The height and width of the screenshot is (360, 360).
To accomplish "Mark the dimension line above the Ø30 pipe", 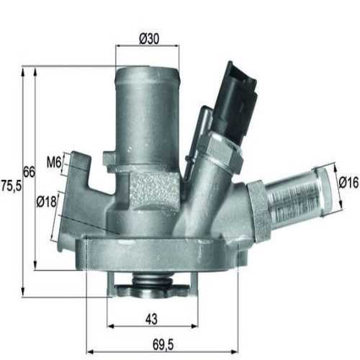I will [x=148, y=45].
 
